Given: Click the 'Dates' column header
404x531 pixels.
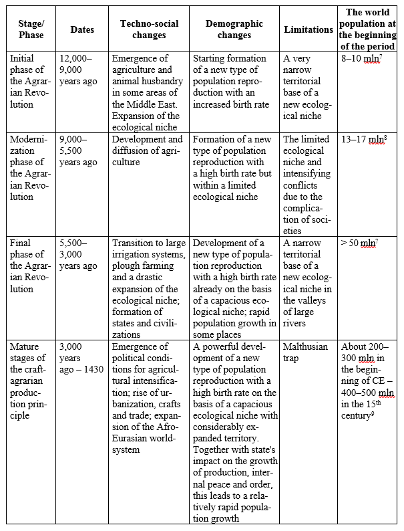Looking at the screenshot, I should click(82, 29).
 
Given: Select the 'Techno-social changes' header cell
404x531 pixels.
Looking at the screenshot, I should click(149, 29).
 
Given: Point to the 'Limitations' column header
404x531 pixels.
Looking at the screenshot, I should click(309, 29).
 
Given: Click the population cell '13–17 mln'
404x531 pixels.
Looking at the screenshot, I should click(365, 139).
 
